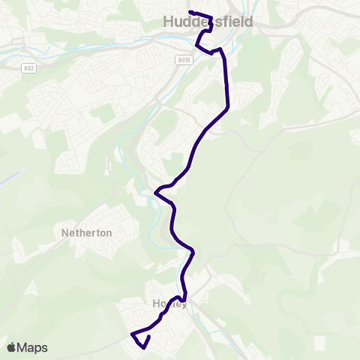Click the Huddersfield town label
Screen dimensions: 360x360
point(208,23)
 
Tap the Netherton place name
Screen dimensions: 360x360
point(87,233)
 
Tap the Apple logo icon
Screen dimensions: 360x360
point(12,347)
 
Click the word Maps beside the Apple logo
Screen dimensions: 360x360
point(33,348)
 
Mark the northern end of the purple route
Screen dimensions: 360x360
point(190,12)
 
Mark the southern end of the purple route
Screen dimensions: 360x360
point(149,337)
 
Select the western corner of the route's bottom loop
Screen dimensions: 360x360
point(132,334)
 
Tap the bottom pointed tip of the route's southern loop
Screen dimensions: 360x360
point(140,346)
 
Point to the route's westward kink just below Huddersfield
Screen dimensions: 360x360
point(196,46)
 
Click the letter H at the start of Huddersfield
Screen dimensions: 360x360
point(168,23)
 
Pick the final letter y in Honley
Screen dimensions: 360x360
point(184,304)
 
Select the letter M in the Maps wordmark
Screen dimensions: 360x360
point(23,348)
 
